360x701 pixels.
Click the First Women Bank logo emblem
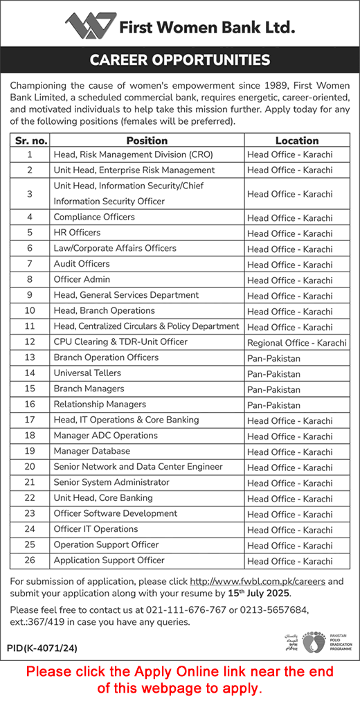[89, 26]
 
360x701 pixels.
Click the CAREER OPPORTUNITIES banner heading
[180, 60]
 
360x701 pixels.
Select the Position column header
[147, 140]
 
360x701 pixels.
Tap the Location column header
[296, 140]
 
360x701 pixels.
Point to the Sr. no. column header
[30, 140]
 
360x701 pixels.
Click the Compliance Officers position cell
[94, 217]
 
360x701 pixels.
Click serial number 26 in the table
[30, 560]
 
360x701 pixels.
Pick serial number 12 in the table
[30, 342]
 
